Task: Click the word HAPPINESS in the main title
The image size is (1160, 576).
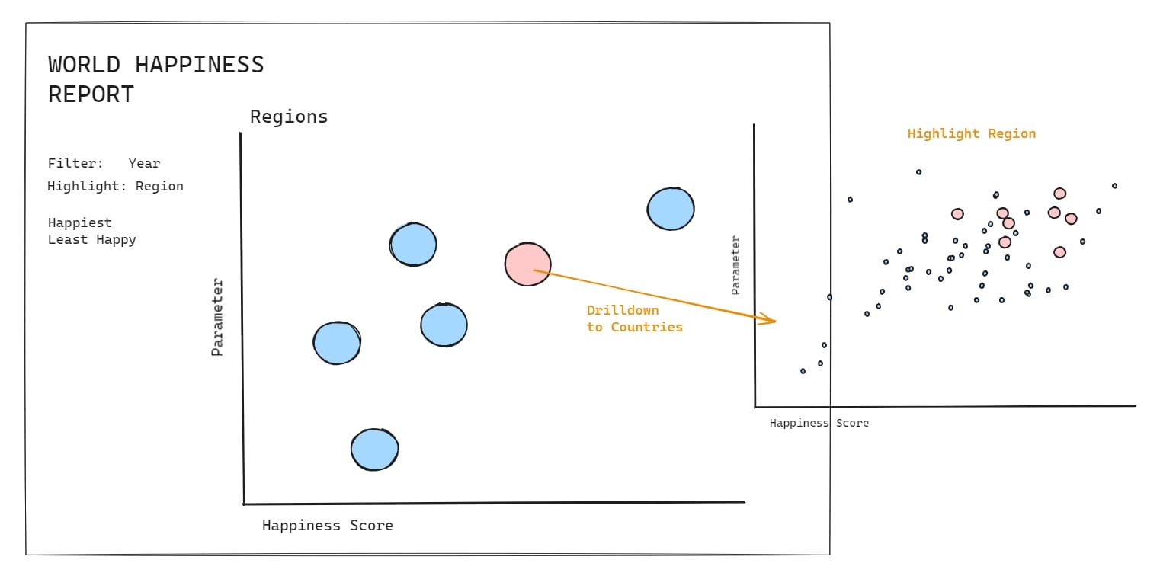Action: point(200,65)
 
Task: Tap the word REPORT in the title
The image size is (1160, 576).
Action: point(91,94)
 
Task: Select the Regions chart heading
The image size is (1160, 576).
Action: point(289,117)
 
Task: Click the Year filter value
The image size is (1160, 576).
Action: point(144,163)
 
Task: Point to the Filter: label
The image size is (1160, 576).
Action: point(75,163)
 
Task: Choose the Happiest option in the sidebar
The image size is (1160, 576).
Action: point(79,222)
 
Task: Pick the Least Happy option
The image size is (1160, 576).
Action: point(91,239)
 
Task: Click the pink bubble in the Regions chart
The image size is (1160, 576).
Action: point(527,264)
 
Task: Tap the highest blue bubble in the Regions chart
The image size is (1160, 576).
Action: point(671,209)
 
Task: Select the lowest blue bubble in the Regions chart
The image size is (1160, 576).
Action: point(374,450)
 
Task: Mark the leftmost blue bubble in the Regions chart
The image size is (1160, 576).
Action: point(336,343)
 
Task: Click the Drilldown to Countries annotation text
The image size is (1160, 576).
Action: point(634,318)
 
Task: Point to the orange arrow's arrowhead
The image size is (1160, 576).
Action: point(773,322)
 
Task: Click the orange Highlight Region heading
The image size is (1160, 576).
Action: point(971,133)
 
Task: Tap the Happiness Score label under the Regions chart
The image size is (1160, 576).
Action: point(327,525)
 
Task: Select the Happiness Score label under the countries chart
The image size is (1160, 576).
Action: point(819,423)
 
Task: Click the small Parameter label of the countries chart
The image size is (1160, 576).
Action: point(735,265)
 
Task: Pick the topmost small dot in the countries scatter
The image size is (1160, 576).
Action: point(918,172)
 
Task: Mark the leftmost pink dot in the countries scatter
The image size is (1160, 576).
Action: point(957,214)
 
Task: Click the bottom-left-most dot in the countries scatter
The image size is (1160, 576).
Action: point(803,371)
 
